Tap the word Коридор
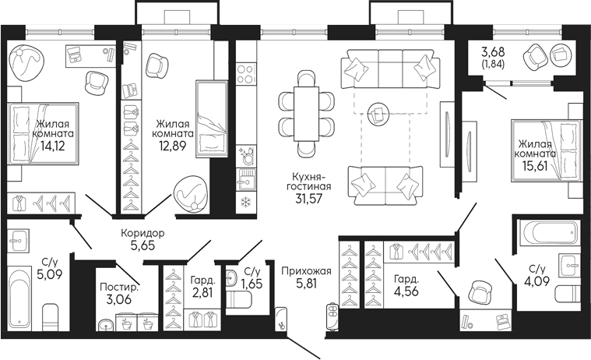click(x=142, y=233)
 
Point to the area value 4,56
click(x=408, y=295)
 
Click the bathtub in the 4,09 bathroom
click(x=550, y=231)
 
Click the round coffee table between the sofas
click(x=380, y=114)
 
